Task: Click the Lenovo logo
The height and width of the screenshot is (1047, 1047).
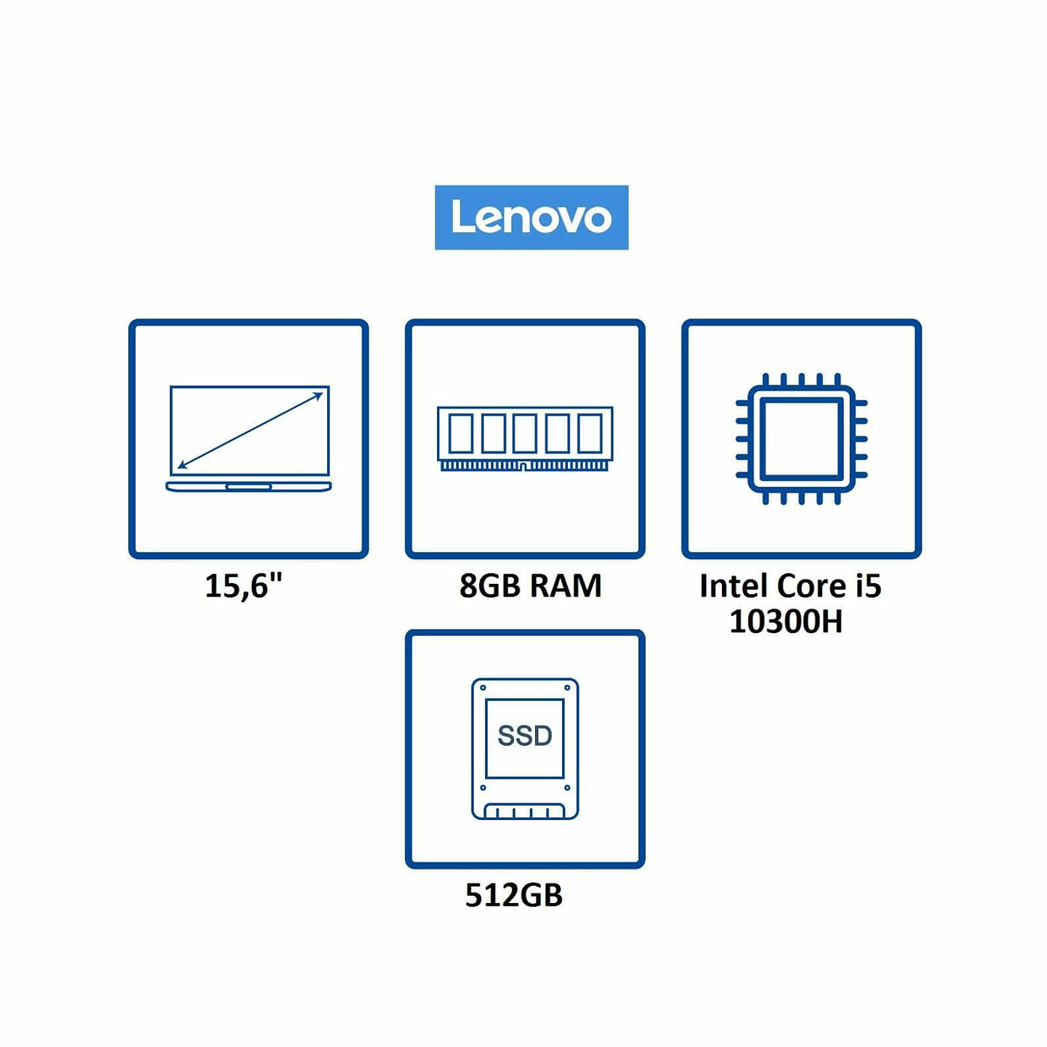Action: click(531, 217)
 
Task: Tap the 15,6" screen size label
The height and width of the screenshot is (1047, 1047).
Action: click(243, 586)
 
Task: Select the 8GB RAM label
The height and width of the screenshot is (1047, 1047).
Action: click(530, 586)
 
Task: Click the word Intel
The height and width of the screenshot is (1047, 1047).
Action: click(734, 586)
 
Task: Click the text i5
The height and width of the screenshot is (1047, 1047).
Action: click(868, 586)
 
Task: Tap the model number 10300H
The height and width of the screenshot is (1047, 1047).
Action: click(785, 622)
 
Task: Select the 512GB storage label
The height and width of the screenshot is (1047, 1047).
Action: click(513, 895)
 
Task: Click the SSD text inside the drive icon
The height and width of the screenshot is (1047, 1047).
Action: click(524, 736)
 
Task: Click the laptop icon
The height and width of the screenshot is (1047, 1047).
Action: click(249, 438)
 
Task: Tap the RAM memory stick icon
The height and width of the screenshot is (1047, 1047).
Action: click(525, 438)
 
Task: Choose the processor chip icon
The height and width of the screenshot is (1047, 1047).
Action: click(801, 438)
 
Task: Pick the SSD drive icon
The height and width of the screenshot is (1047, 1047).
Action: click(525, 749)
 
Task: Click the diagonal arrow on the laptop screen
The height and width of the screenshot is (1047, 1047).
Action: click(250, 430)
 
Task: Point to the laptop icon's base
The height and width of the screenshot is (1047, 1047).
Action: click(249, 486)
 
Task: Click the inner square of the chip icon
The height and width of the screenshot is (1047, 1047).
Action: click(801, 438)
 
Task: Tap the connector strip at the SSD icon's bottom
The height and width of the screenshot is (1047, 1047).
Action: click(525, 811)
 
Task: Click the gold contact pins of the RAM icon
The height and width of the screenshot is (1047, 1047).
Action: click(525, 465)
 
